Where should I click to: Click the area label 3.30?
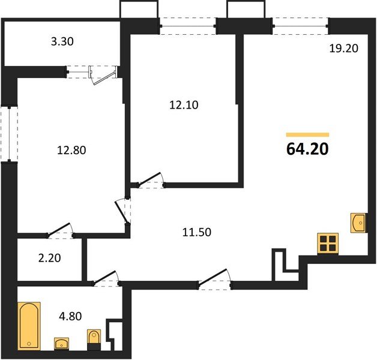click(64, 42)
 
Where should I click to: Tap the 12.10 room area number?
click(183, 104)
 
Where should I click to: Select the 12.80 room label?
click(72, 151)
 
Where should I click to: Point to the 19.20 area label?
click(343, 49)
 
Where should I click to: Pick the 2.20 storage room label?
click(49, 259)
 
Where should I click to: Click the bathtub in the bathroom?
click(29, 326)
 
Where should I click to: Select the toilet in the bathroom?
click(94, 339)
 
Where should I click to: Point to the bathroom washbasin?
click(63, 343)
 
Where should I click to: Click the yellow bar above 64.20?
click(307, 134)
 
